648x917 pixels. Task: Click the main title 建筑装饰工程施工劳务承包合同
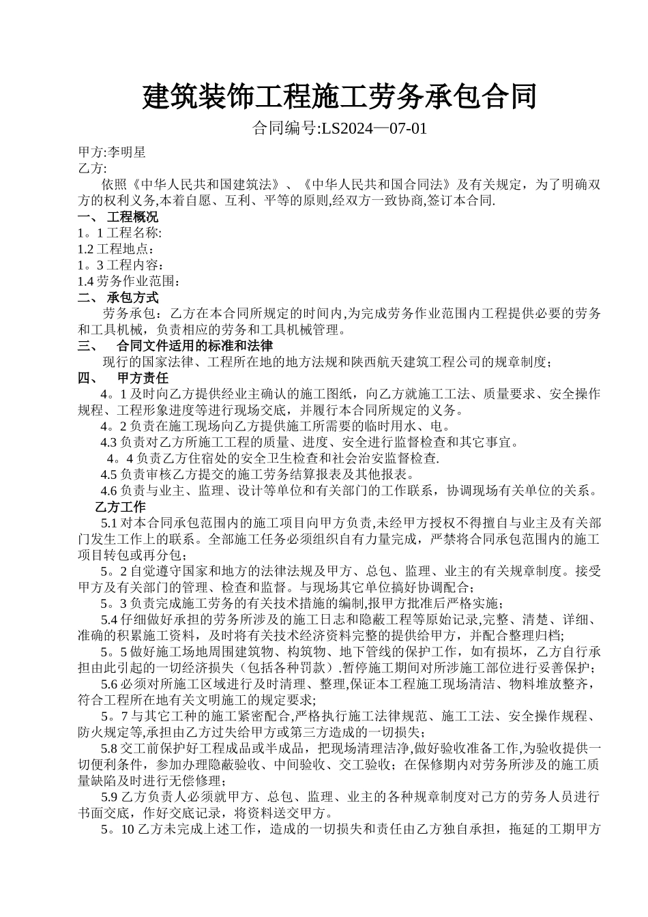coord(339,98)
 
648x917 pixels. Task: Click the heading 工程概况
coord(132,217)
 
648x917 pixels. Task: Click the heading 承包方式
coord(132,297)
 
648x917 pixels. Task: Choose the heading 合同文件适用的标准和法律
coord(194,346)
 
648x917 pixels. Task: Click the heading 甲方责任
coord(143,378)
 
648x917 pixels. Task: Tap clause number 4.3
coord(109,442)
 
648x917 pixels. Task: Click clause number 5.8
coord(109,748)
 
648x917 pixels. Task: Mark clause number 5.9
coord(109,797)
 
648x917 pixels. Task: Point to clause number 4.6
coord(109,491)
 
